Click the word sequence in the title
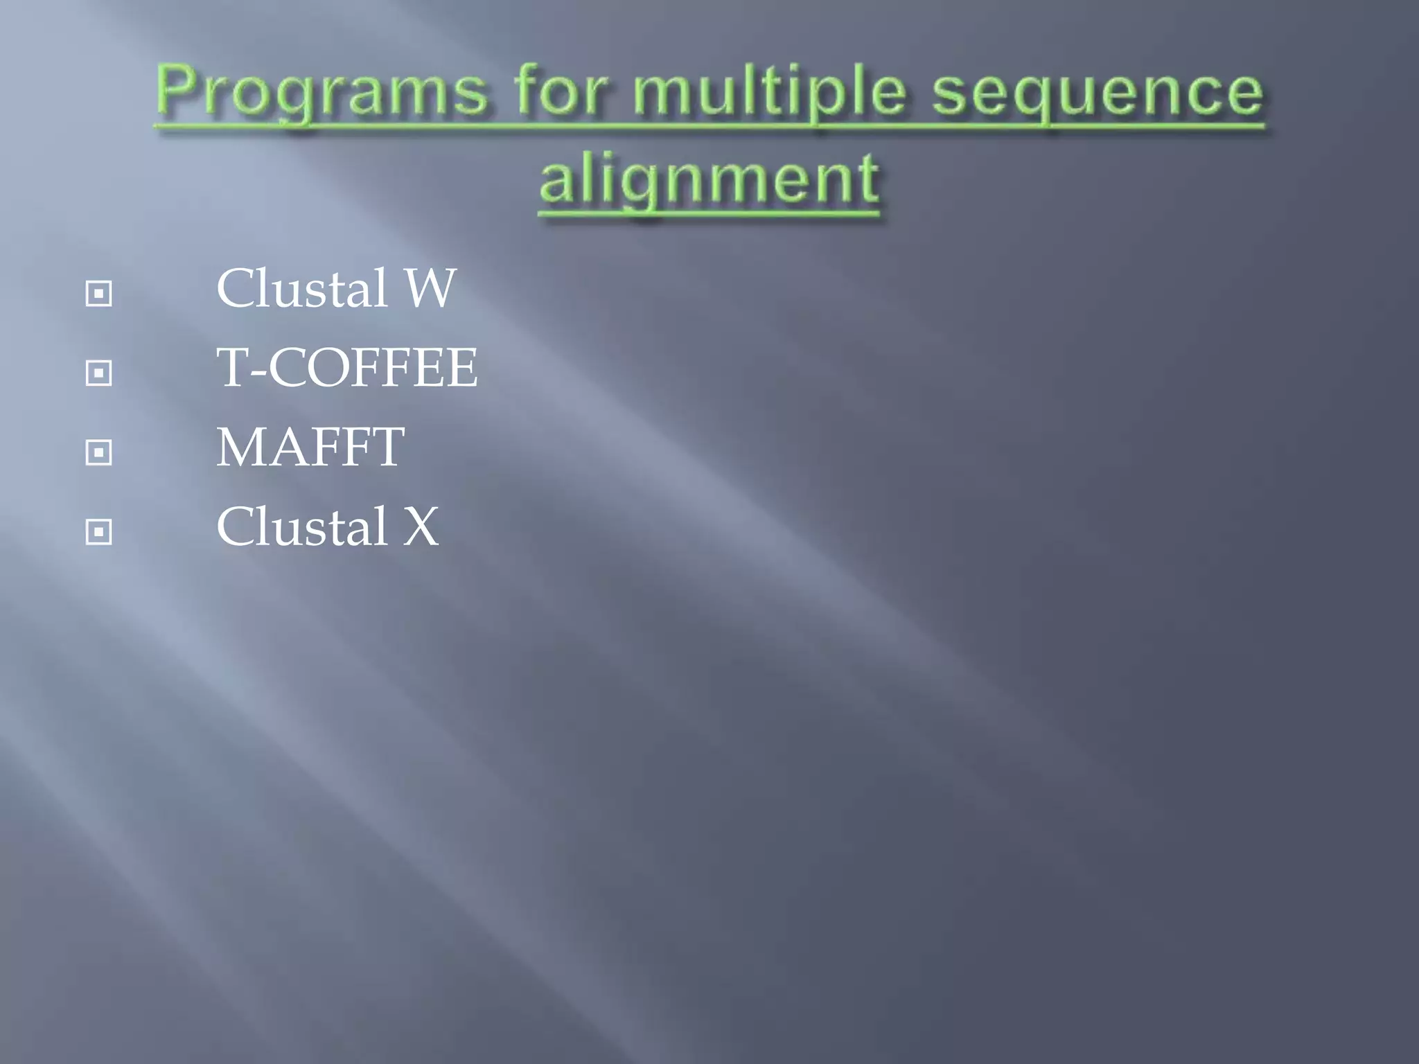tap(1098, 94)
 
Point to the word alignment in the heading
tap(709, 179)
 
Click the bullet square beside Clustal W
tap(98, 294)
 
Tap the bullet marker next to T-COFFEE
tap(98, 373)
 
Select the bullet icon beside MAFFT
tap(98, 452)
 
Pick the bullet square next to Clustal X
tap(98, 532)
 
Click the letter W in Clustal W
tap(430, 288)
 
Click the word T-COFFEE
tap(346, 367)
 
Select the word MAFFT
tap(310, 447)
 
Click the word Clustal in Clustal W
tap(301, 288)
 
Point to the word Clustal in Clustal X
tap(301, 526)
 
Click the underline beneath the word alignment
tap(709, 215)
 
